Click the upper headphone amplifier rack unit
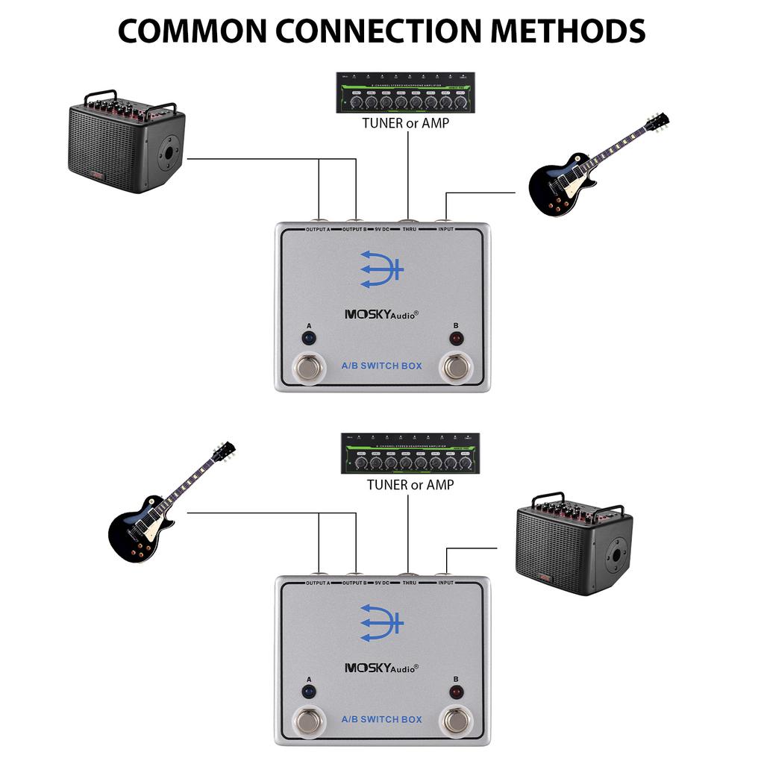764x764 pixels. click(x=406, y=93)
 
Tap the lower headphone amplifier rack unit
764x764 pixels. click(x=410, y=453)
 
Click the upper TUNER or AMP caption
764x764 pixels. click(x=406, y=123)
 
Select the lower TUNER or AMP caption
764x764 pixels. click(x=410, y=484)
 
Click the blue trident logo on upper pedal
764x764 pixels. click(x=381, y=269)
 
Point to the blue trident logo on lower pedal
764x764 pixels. click(x=381, y=623)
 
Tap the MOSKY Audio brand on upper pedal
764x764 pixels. click(x=381, y=314)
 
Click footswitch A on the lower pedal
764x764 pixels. click(x=308, y=721)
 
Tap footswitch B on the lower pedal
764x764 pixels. click(x=456, y=721)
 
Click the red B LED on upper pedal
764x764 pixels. click(x=456, y=337)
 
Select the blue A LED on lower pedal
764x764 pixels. click(x=308, y=692)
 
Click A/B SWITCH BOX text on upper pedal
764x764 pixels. click(x=381, y=366)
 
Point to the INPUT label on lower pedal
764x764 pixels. click(x=445, y=582)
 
